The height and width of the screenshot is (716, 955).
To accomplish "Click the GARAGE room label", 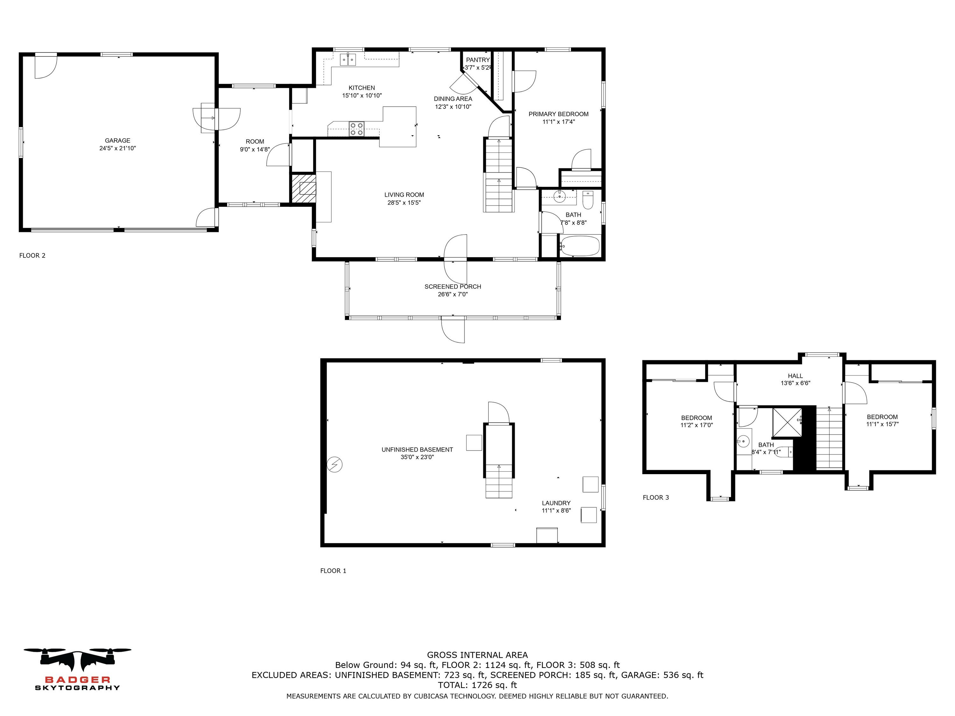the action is pos(117,140).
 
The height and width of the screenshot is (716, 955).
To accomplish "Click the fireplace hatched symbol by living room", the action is pos(304,188).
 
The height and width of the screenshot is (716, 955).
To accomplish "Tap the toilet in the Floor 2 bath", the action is pos(588,200).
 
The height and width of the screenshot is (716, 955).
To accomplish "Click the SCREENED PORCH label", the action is pos(452,287).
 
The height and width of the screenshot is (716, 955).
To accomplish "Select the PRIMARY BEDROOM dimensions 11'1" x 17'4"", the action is pos(559,122).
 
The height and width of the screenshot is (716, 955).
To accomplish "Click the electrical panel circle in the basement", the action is pos(335,464).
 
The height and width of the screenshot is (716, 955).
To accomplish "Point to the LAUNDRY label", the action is pos(556,503).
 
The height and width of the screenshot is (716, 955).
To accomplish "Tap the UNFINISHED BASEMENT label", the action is pos(417,449).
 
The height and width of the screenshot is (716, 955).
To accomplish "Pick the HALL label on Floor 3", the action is pos(795,376).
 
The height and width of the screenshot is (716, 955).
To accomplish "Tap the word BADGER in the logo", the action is pos(78,680).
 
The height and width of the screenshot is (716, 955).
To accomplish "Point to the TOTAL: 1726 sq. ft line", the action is pos(478,685).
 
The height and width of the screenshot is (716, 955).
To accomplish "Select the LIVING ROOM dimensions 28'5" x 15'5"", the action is pos(404,202).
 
